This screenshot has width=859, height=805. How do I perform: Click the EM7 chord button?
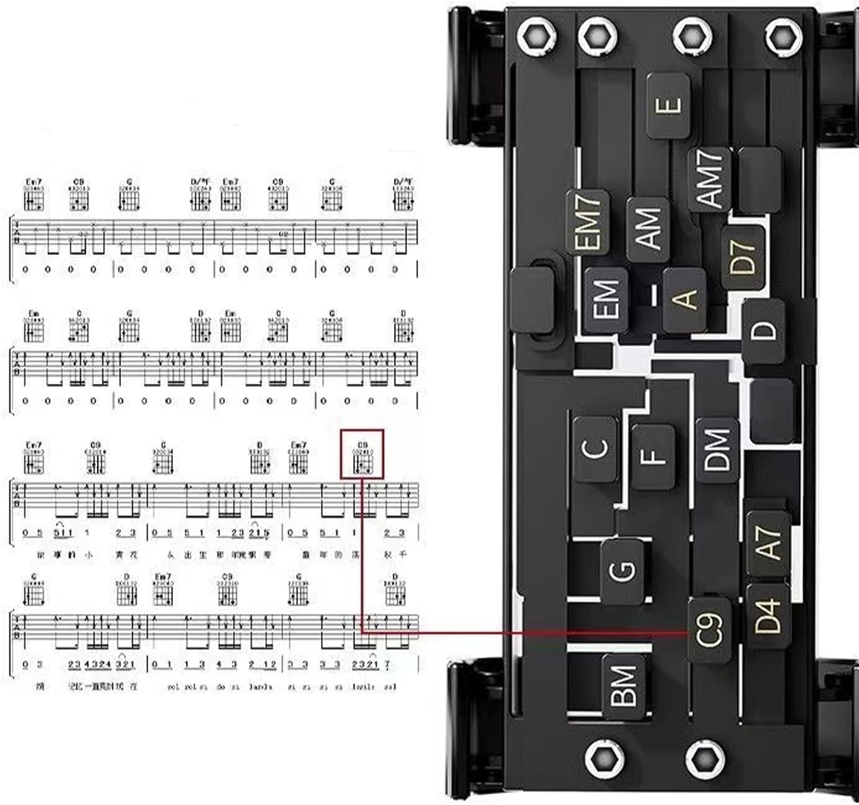pos(587,222)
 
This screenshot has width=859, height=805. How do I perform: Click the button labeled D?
pos(763,331)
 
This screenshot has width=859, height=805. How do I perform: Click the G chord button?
pos(622,571)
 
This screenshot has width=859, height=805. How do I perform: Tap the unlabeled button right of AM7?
pos(759,179)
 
